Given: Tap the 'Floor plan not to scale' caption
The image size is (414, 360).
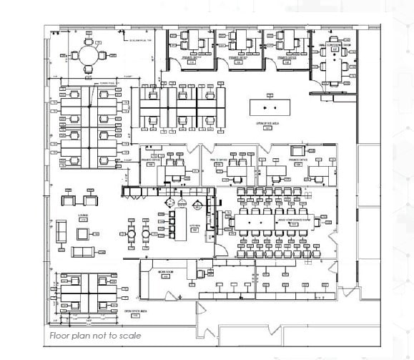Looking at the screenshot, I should tap(94, 335).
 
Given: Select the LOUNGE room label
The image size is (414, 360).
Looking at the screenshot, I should tap(83, 214).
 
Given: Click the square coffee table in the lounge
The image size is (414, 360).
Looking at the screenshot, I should tap(83, 231).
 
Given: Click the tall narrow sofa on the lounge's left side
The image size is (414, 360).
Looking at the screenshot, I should tap(61, 230).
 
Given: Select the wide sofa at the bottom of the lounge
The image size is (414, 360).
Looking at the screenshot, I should tap(83, 250).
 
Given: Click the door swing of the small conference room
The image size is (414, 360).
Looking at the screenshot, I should tap(318, 85).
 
